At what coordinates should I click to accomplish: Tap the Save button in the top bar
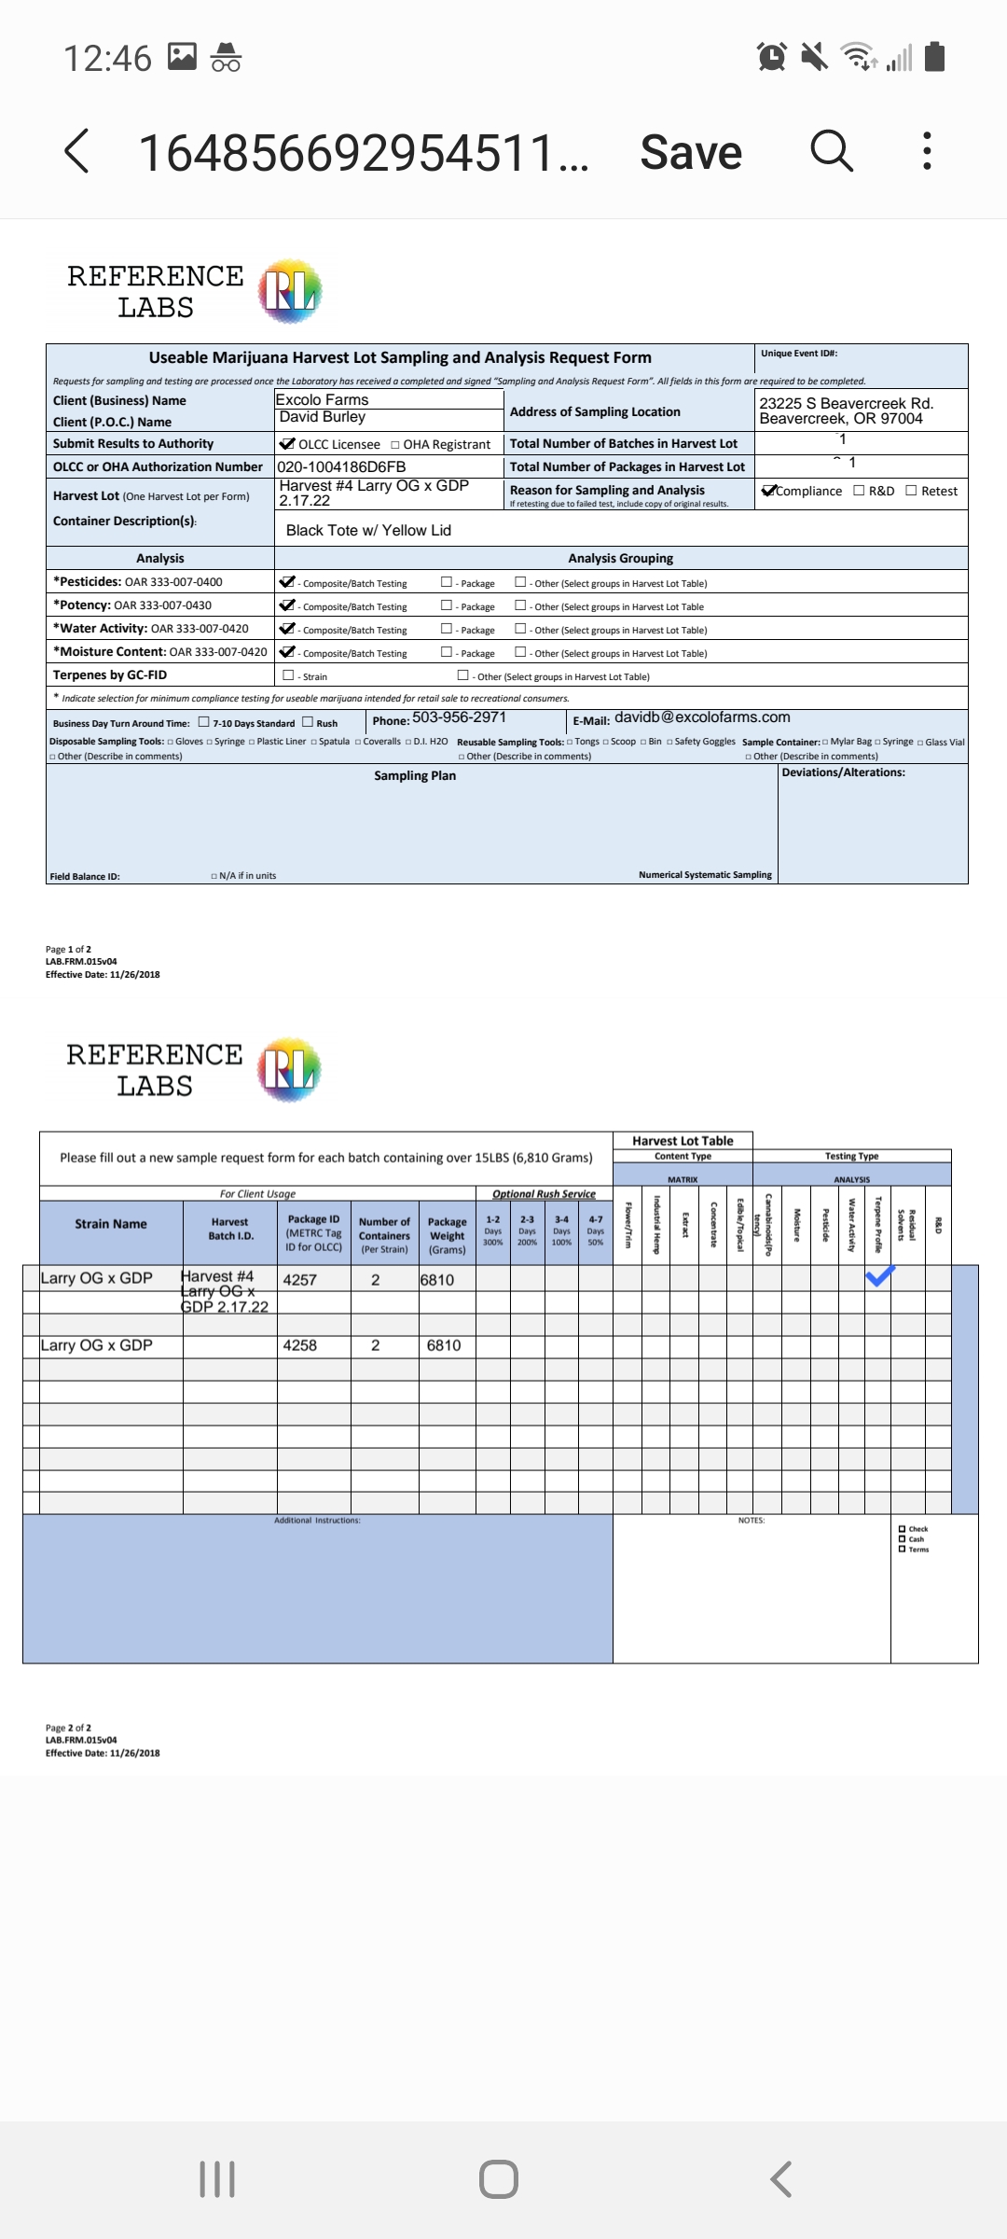click(x=691, y=152)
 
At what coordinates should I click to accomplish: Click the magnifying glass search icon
click(x=831, y=150)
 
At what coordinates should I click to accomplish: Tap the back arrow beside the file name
click(x=77, y=151)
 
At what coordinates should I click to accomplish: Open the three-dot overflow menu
click(x=926, y=150)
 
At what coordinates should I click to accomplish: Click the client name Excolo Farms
click(x=323, y=400)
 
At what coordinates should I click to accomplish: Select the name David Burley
click(x=323, y=417)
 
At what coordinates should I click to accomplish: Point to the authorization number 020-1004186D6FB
click(x=341, y=466)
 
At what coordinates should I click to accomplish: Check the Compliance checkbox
click(x=769, y=491)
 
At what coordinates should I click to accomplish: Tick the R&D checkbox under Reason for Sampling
click(x=859, y=491)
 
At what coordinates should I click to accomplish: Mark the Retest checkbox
click(x=911, y=491)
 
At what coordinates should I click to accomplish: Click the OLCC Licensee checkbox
click(x=287, y=444)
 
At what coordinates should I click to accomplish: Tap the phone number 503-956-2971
click(x=459, y=717)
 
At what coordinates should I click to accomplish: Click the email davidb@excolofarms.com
click(x=702, y=717)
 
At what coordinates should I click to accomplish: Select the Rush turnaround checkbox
click(x=308, y=722)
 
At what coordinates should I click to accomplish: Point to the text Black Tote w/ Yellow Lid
click(x=368, y=530)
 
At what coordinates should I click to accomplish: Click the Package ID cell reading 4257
click(x=300, y=1280)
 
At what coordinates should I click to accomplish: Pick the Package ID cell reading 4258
click(x=300, y=1345)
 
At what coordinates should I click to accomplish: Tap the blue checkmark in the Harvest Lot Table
click(x=879, y=1276)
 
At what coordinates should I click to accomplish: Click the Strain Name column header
click(x=111, y=1224)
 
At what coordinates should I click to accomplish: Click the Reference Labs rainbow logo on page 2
click(x=290, y=1069)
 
